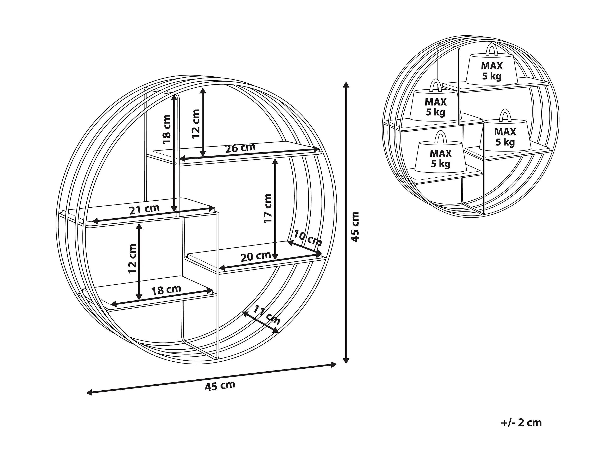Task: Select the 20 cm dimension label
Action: pos(256,256)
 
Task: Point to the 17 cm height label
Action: pos(268,208)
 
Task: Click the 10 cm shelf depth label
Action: pos(308,238)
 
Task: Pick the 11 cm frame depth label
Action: pos(267,315)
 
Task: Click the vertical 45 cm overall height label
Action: pos(355,227)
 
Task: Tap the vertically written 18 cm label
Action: pos(167,129)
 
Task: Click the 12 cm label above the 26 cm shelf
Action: pos(196,124)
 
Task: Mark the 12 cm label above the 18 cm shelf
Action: pos(133,259)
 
